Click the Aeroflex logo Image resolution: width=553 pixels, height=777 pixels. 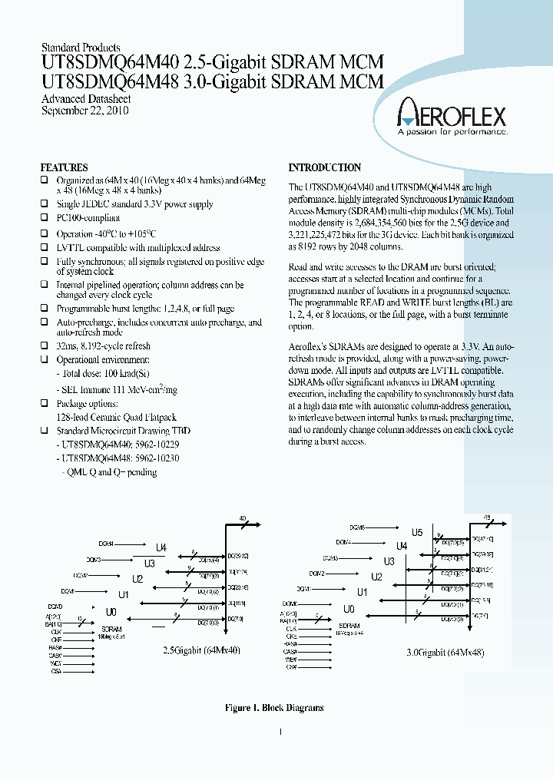[451, 116]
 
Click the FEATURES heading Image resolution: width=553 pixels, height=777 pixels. [64, 167]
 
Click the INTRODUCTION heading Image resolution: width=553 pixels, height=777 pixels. [324, 167]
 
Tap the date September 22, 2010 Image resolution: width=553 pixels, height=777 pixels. [84, 111]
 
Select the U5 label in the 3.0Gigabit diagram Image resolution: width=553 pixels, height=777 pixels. [417, 532]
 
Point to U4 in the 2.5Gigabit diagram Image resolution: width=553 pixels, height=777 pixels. [161, 547]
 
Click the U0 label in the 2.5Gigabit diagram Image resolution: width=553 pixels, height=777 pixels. [111, 612]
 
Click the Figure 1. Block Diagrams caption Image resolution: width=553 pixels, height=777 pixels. [276, 708]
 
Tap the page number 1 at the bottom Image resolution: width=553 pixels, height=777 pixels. [280, 732]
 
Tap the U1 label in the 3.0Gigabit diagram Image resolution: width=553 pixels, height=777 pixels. [363, 592]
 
